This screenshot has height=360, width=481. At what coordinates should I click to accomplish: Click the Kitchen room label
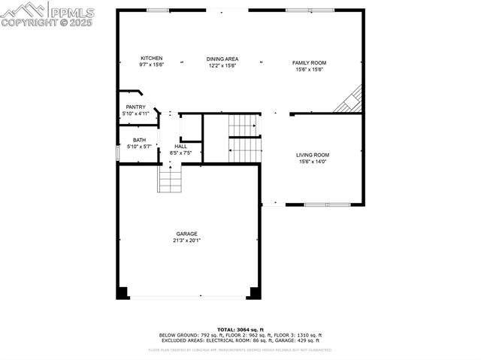pos(151,58)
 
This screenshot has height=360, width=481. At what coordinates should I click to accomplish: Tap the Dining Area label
pos(222,58)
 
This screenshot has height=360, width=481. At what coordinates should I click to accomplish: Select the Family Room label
pos(309,62)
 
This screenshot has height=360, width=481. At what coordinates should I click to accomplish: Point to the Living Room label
pos(314,155)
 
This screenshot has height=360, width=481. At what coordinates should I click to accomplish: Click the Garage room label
pos(186,233)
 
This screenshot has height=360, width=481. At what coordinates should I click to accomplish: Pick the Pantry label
pos(135,107)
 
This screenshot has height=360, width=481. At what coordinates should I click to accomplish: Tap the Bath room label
pos(140,140)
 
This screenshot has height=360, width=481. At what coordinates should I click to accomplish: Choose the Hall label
pos(180,146)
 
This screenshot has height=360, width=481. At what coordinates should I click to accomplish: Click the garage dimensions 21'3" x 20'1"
pos(186,241)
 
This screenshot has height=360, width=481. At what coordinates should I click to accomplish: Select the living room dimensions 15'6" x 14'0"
pos(314,162)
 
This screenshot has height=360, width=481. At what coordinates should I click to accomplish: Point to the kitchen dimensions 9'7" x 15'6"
pos(151,65)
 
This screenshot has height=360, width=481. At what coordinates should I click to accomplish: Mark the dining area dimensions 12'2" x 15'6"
pos(222,65)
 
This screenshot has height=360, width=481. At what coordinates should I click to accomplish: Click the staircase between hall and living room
pos(244,138)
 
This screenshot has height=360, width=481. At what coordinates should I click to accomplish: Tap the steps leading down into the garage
pos(170,179)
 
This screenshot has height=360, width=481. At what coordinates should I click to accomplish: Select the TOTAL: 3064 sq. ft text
pos(240,329)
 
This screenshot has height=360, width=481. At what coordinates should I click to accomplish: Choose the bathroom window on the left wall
pos(116,153)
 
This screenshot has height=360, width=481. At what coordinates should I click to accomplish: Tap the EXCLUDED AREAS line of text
pos(240,340)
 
